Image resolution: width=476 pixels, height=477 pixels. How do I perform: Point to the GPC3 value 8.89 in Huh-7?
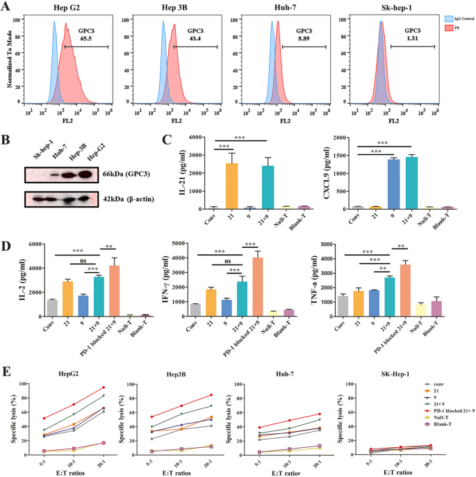304,40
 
